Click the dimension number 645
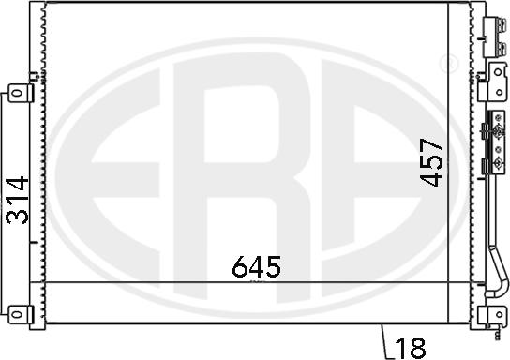click(256, 266)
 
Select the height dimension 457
click(431, 162)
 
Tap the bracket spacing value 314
click(17, 200)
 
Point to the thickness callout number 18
click(411, 348)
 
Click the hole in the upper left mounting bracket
click(16, 94)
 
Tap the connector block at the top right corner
click(495, 37)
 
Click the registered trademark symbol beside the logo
click(449, 64)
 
